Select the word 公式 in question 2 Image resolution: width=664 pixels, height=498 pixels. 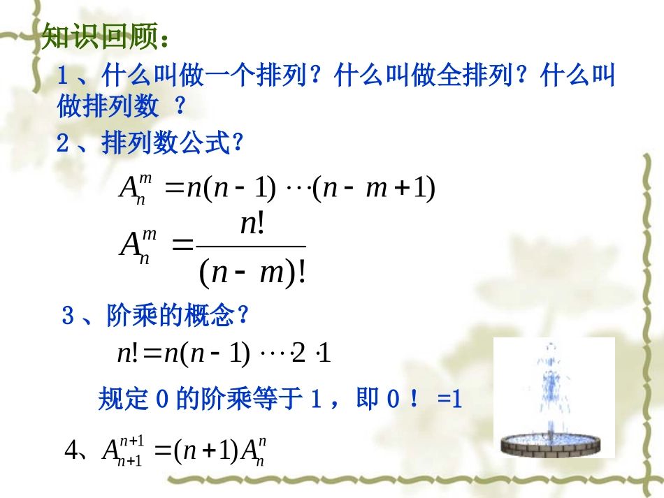210,145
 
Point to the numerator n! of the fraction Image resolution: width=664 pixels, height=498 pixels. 251,224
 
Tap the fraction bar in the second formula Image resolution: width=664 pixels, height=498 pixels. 251,247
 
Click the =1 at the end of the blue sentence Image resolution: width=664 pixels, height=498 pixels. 449,399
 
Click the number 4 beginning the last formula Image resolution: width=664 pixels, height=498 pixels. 70,451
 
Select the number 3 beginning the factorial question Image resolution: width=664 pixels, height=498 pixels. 68,316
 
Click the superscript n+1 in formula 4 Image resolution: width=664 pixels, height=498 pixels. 131,440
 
